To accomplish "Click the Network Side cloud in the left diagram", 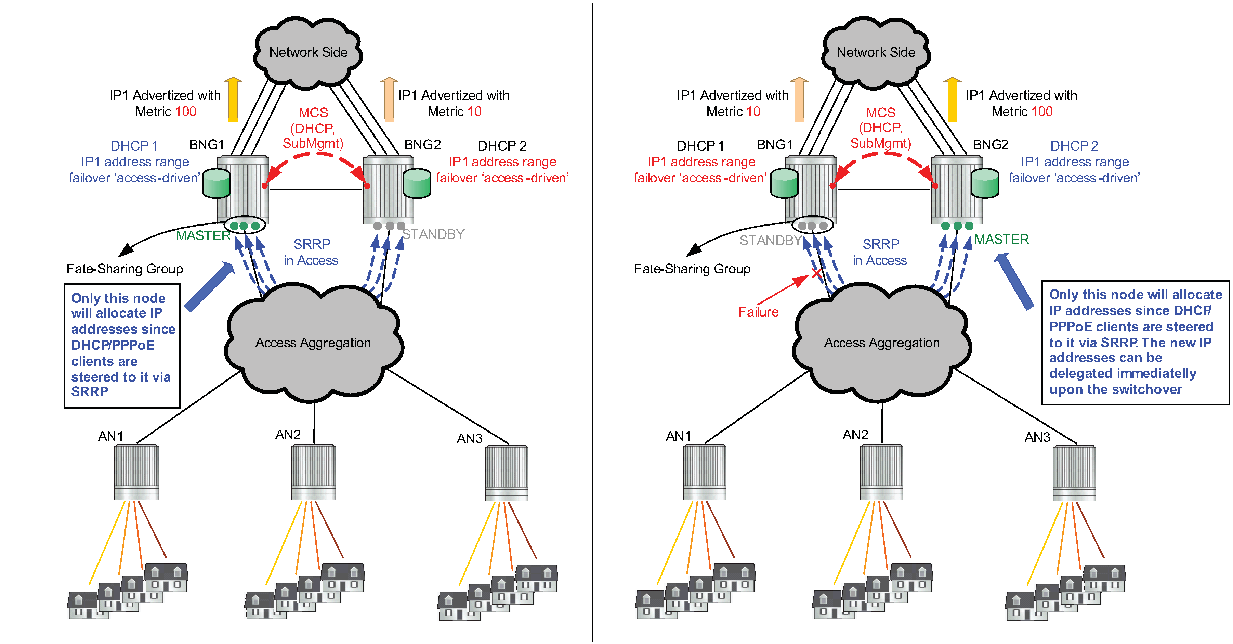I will pyautogui.click(x=308, y=52).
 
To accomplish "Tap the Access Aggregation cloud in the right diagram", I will pyautogui.click(x=882, y=343).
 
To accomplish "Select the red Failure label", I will pyautogui.click(x=758, y=312).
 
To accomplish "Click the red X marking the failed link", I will pyautogui.click(x=816, y=273).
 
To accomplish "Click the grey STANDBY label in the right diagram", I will pyautogui.click(x=770, y=240).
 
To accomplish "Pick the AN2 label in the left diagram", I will pyautogui.click(x=288, y=435).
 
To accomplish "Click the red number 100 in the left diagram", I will pyautogui.click(x=185, y=112).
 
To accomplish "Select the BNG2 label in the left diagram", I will pyautogui.click(x=422, y=145).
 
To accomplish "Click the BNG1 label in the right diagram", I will pyautogui.click(x=774, y=145).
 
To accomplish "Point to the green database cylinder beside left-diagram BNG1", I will pyautogui.click(x=217, y=183).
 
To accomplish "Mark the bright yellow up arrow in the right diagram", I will pyautogui.click(x=952, y=99).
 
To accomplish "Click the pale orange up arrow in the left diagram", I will pyautogui.click(x=389, y=99).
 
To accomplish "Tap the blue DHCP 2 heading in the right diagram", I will pyautogui.click(x=1074, y=145).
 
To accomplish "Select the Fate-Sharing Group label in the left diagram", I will pyautogui.click(x=124, y=269).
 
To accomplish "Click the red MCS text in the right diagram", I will pyautogui.click(x=880, y=113).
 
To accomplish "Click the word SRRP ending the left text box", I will pyautogui.click(x=90, y=392).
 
